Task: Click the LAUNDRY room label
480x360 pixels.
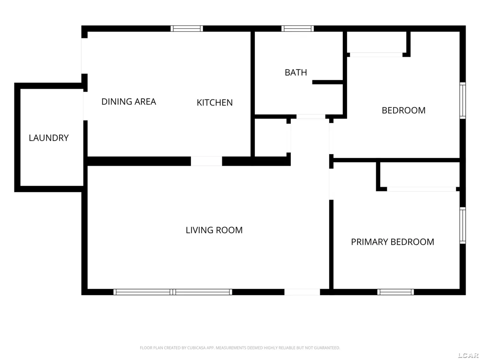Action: pyautogui.click(x=48, y=138)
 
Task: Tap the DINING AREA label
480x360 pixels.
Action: pyautogui.click(x=129, y=102)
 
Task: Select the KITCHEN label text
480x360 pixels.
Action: pyautogui.click(x=215, y=103)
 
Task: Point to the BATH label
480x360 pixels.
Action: pyautogui.click(x=296, y=72)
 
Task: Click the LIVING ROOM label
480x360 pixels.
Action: pyautogui.click(x=214, y=230)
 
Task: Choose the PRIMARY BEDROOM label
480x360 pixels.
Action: pyautogui.click(x=393, y=242)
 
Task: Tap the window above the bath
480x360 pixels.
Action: pyautogui.click(x=298, y=28)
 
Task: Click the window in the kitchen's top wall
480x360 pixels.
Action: pyautogui.click(x=187, y=28)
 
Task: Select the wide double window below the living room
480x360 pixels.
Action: pyautogui.click(x=173, y=292)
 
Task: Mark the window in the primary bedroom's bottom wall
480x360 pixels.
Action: pyautogui.click(x=396, y=292)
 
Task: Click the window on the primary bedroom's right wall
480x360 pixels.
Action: pyautogui.click(x=463, y=226)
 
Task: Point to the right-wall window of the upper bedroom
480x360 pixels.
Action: pyautogui.click(x=463, y=100)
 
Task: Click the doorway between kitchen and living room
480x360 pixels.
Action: pyautogui.click(x=206, y=161)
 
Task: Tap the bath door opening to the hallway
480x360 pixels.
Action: pyautogui.click(x=311, y=117)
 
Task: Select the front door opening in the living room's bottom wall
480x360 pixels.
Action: pyautogui.click(x=302, y=292)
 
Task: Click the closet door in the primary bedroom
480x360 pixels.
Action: pyautogui.click(x=421, y=189)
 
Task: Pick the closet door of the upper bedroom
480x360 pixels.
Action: pyautogui.click(x=376, y=55)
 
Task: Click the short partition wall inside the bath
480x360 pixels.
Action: pyautogui.click(x=327, y=83)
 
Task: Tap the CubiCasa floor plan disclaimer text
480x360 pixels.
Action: pyautogui.click(x=240, y=348)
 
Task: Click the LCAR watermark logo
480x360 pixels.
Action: pyautogui.click(x=468, y=355)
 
